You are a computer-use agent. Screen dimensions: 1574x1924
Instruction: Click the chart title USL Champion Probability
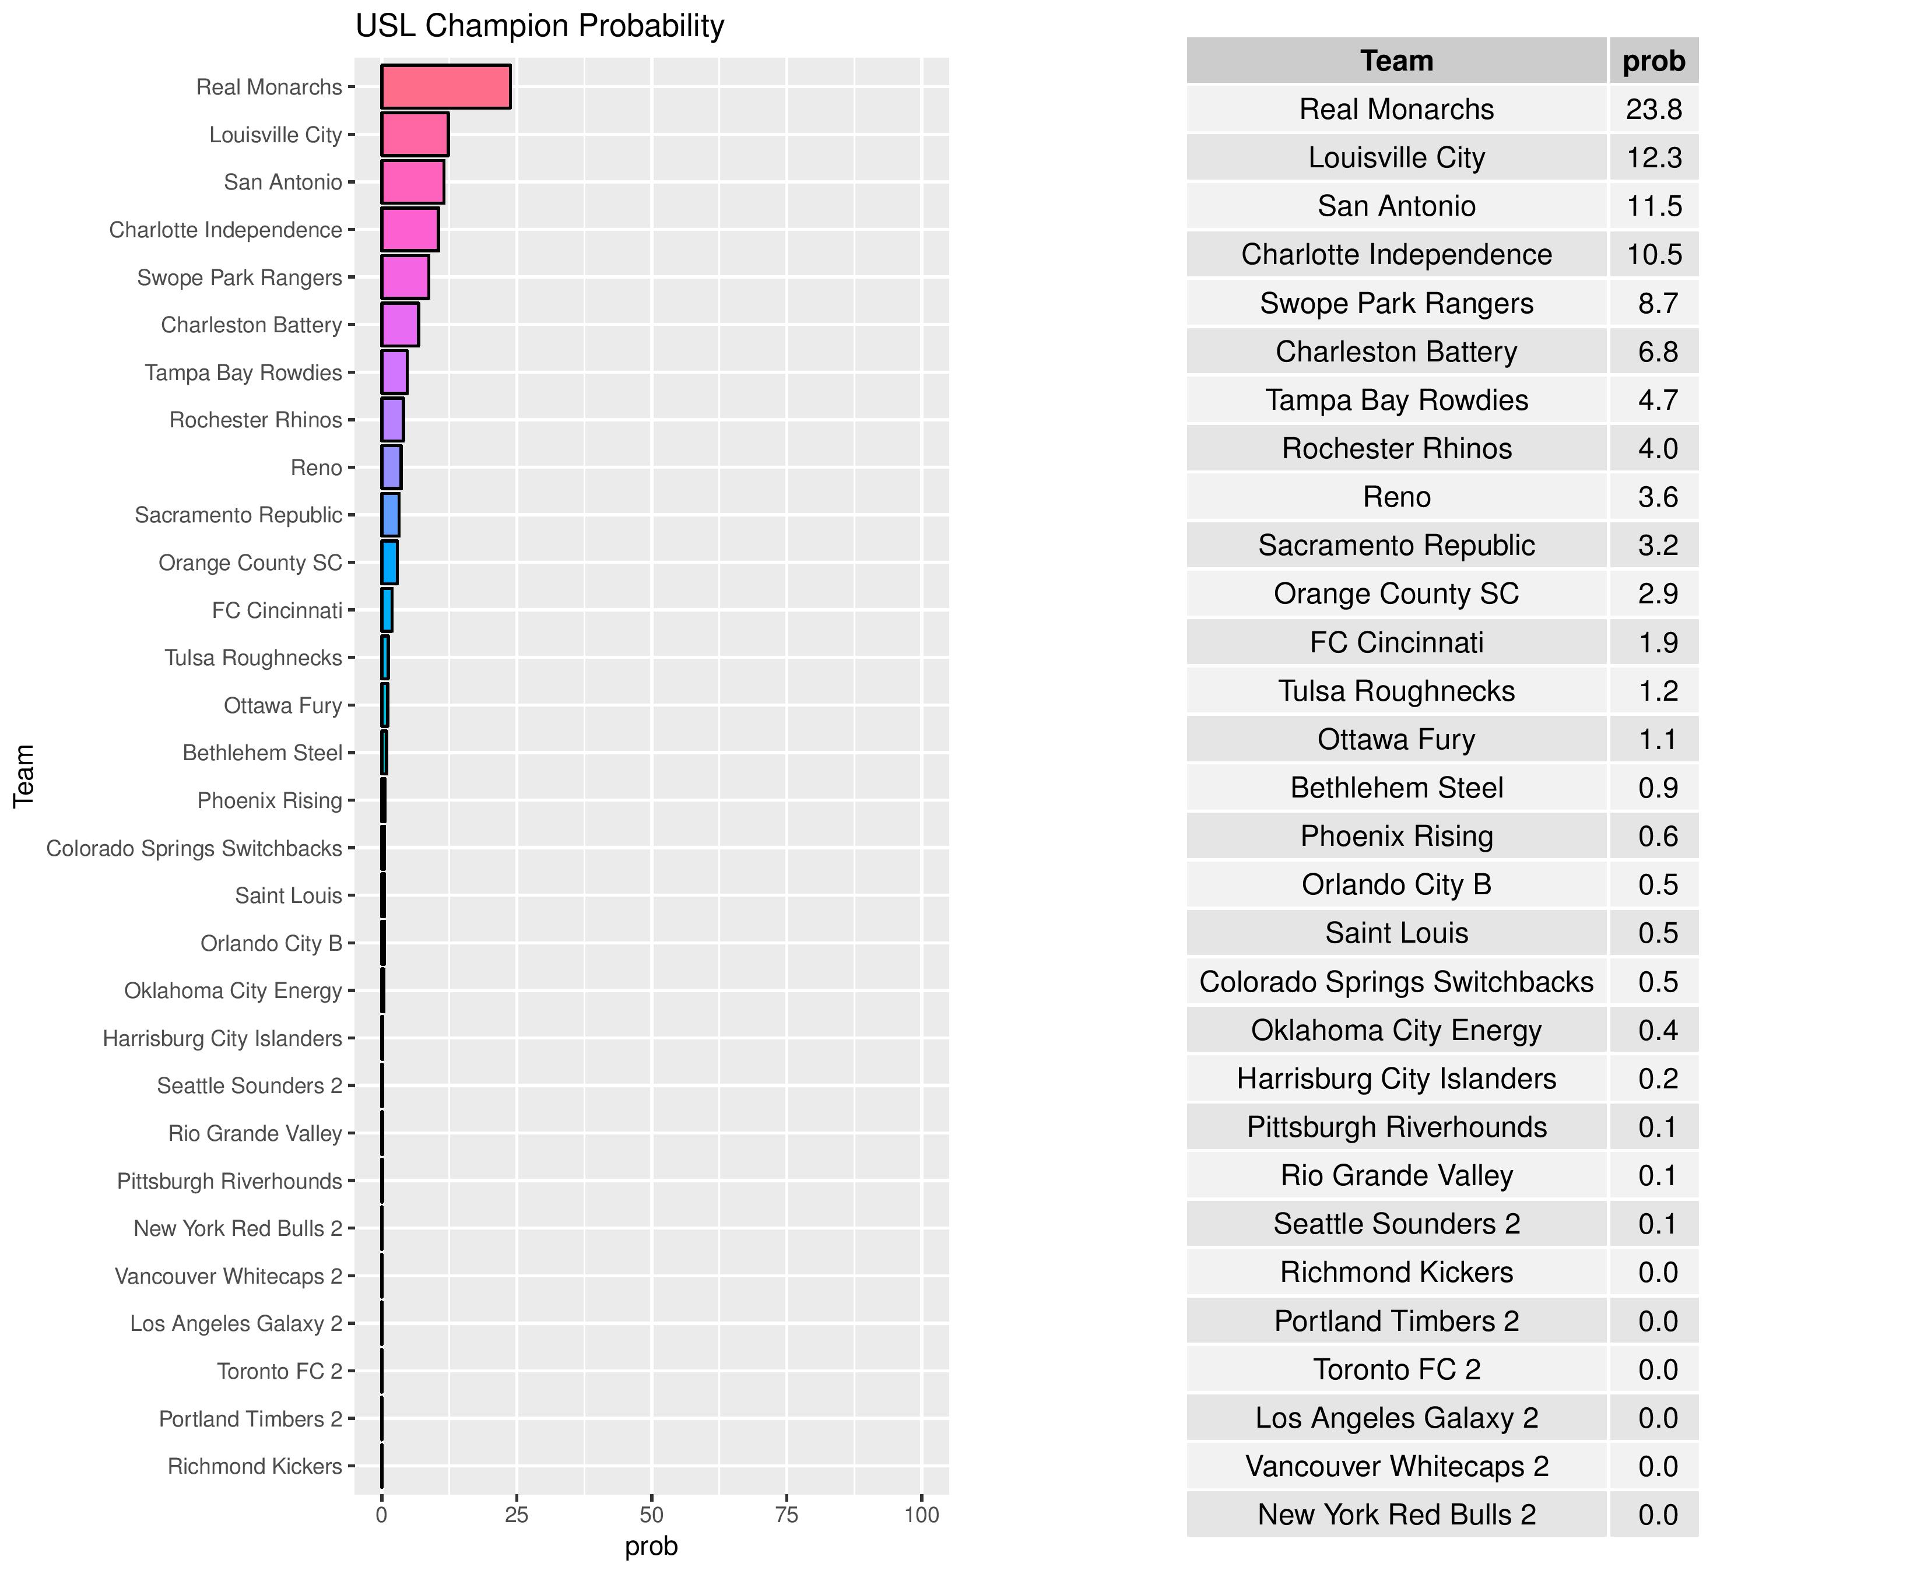pos(539,26)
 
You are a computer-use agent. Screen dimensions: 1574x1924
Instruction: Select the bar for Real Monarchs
pos(445,87)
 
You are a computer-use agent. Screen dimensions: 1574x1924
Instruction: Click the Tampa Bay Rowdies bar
pos(394,373)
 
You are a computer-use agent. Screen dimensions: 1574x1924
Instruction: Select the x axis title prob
pos(651,1547)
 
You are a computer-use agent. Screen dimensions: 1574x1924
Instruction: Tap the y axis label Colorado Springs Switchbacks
pos(194,849)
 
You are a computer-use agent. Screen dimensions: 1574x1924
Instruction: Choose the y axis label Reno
pos(317,468)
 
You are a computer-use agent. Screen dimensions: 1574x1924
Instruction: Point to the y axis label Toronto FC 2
pos(279,1371)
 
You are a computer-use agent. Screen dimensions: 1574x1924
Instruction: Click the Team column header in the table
pos(1396,61)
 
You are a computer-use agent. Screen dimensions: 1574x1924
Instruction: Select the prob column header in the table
pos(1654,61)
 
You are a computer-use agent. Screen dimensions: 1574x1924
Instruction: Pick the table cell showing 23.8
pos(1654,110)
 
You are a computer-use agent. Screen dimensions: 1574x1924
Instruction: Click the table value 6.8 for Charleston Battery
pos(1658,352)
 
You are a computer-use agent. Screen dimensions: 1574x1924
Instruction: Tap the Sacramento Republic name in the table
pos(1396,546)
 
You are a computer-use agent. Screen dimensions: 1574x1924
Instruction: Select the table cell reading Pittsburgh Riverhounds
pos(1396,1127)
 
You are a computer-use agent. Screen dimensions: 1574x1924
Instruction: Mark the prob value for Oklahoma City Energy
pos(1658,1031)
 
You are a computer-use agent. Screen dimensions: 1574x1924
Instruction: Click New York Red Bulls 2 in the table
pos(1396,1515)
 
